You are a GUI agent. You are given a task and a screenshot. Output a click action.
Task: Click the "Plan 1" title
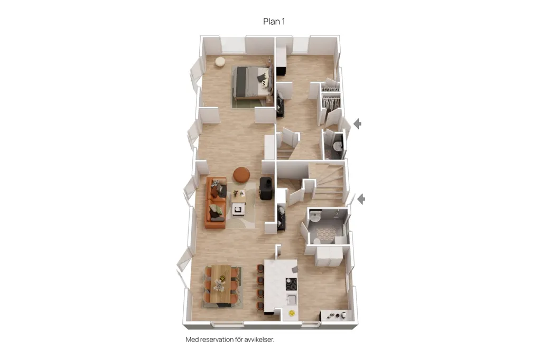coord(274,22)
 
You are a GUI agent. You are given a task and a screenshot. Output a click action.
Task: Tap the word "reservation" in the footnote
coord(217,339)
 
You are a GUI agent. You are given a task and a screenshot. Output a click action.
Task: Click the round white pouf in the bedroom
coord(220,62)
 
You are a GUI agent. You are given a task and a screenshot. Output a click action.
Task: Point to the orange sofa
coord(216,203)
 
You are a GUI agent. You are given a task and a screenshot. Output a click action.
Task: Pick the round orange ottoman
coord(241,175)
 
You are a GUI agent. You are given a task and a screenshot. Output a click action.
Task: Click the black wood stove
coord(267,188)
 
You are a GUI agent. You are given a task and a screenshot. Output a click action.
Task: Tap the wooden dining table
coord(221,284)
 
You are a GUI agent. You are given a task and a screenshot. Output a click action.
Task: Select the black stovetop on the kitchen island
coord(291,284)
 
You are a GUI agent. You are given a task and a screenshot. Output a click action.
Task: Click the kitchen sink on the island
coord(292,299)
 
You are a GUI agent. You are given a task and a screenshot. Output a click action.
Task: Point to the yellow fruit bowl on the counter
coord(292,313)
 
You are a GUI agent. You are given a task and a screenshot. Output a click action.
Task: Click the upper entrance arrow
coord(358,124)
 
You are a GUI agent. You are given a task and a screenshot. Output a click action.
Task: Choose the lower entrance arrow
coord(361,199)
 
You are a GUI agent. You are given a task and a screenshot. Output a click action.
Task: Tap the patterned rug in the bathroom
coord(325,234)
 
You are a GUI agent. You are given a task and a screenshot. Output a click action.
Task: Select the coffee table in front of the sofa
coord(239,203)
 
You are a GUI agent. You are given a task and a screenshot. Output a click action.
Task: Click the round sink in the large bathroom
coord(315,216)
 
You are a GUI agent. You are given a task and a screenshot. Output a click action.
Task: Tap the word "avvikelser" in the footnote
coord(259,339)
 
